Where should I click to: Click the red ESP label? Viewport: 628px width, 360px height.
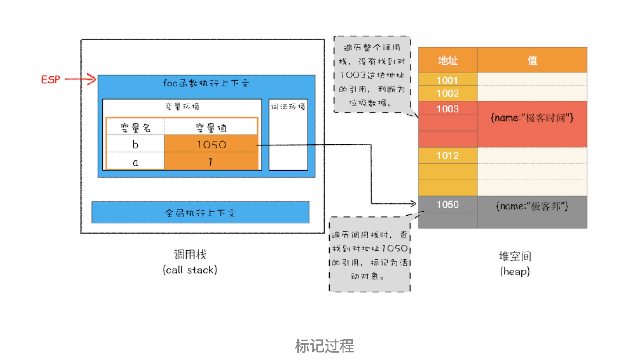[51, 79]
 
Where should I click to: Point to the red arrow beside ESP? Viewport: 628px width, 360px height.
[81, 79]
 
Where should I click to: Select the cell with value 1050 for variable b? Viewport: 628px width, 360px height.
[211, 144]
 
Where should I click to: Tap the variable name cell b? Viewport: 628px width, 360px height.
[135, 144]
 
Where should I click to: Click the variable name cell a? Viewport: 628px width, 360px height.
[135, 162]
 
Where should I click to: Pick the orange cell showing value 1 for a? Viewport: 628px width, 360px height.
[211, 162]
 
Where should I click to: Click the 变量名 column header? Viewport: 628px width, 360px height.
[135, 128]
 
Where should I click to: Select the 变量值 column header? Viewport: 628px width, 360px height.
[211, 128]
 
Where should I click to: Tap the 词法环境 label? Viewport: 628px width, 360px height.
[288, 107]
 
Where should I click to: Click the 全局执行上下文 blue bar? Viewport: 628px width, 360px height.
[200, 212]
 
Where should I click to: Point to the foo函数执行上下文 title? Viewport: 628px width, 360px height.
[206, 83]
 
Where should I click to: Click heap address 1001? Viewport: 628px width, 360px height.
[448, 80]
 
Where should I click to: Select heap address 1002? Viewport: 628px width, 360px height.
[448, 94]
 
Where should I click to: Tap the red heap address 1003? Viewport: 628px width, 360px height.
[448, 109]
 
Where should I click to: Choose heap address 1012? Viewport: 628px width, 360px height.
[448, 155]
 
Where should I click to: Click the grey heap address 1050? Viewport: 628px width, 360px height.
[448, 205]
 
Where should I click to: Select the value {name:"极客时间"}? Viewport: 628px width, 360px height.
[532, 118]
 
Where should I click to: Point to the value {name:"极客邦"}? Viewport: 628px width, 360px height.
[532, 206]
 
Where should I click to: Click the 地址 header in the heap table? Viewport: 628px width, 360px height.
[448, 60]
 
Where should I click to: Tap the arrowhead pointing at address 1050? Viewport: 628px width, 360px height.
[413, 204]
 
